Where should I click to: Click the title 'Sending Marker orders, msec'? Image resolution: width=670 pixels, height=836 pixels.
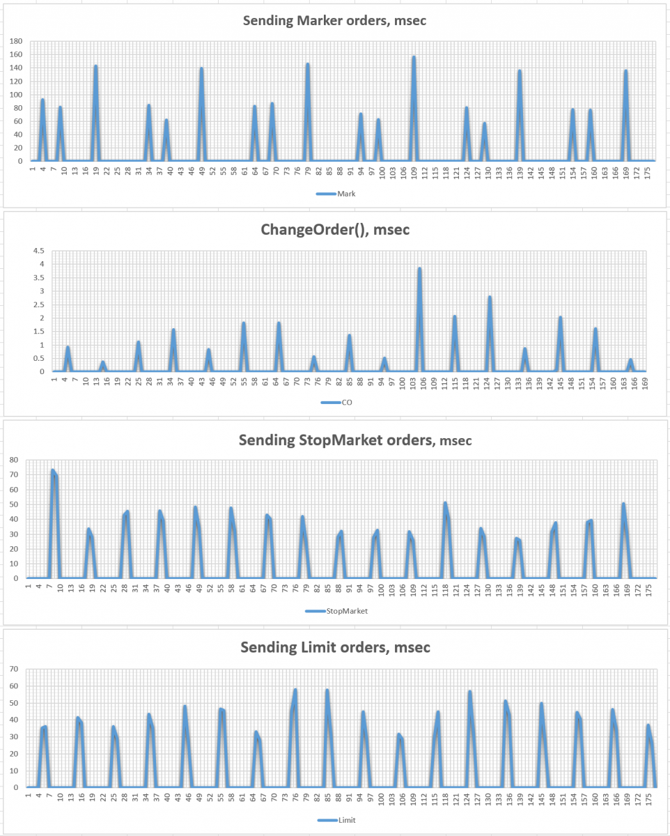pyautogui.click(x=334, y=20)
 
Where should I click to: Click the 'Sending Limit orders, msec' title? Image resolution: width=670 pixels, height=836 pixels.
pyautogui.click(x=335, y=647)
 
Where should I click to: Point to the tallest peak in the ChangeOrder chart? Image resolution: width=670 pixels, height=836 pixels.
pyautogui.click(x=419, y=268)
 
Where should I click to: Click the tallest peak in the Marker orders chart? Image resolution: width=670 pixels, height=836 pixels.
pyautogui.click(x=414, y=57)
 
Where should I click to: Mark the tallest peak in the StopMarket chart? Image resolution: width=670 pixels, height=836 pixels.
pyautogui.click(x=52, y=470)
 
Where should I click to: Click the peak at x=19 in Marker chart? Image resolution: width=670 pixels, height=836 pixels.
pyautogui.click(x=95, y=66)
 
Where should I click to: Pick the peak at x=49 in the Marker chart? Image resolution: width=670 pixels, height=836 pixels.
pyautogui.click(x=201, y=68)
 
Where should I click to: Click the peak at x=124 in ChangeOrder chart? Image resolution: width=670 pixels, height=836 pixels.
pyautogui.click(x=490, y=297)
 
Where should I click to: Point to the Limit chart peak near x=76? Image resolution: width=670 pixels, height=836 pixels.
pyautogui.click(x=295, y=690)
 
